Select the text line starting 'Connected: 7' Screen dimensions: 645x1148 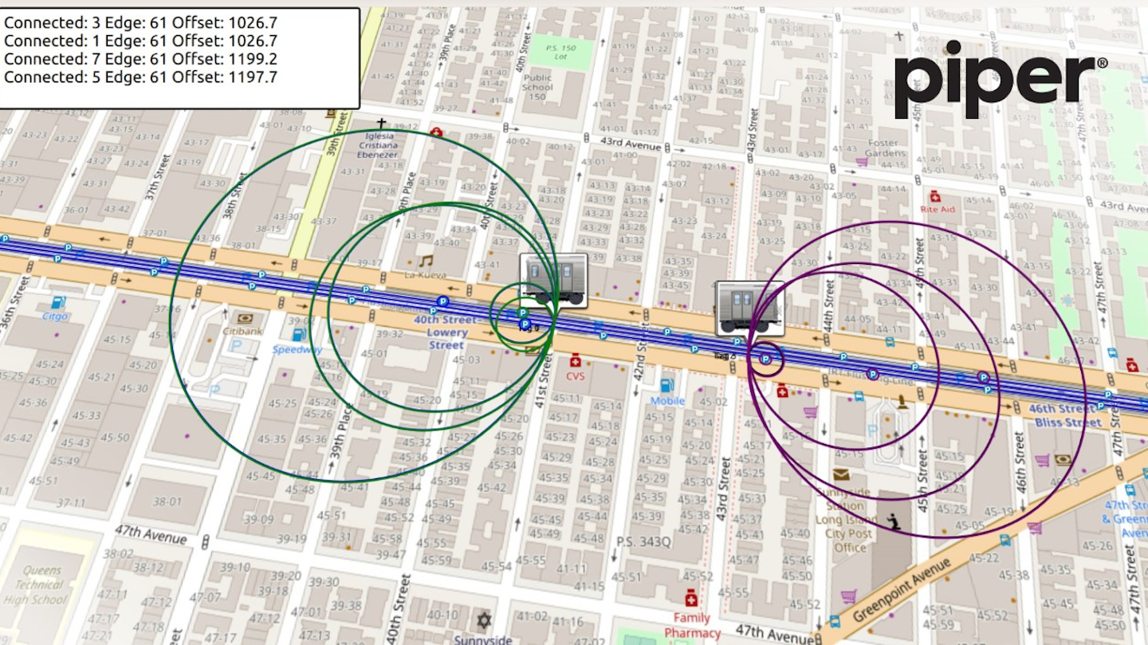click(x=140, y=59)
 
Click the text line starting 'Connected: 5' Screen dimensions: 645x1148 click(x=140, y=77)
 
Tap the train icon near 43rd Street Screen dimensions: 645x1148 click(x=749, y=307)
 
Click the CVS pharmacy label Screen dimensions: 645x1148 click(x=576, y=376)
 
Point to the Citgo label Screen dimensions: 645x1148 click(x=55, y=317)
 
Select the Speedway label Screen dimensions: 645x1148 click(x=297, y=349)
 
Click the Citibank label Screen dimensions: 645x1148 click(x=242, y=331)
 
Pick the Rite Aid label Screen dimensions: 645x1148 click(x=937, y=209)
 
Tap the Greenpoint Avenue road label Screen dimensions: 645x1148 click(x=902, y=590)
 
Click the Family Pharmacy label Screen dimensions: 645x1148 click(x=691, y=625)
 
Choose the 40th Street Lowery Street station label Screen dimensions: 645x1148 click(x=446, y=332)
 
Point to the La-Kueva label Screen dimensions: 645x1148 click(x=426, y=275)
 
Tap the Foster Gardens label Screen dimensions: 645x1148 click(x=886, y=147)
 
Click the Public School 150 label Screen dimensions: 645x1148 click(x=537, y=86)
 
